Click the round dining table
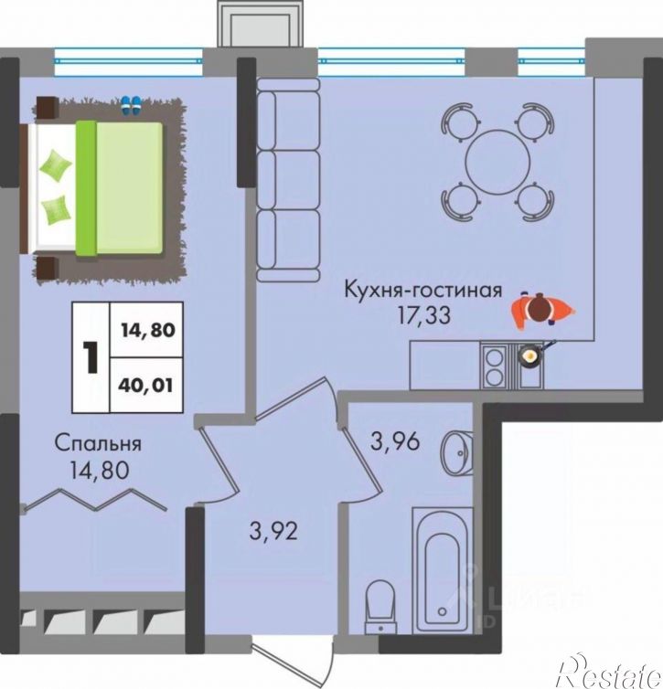pos(497,162)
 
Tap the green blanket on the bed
pos(119,188)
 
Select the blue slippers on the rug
pos(131,105)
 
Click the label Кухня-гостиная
pos(422,291)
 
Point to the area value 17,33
pos(423,315)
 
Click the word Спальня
pos(98,444)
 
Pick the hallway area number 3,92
pos(273,531)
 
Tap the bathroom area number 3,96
pos(395,441)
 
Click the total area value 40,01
pos(145,386)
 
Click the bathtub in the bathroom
pos(443,570)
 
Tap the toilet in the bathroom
pos(380,608)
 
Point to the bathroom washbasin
pos(457,453)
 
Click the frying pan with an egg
pos(532,354)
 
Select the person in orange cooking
pos(542,311)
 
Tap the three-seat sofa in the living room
pos(288,180)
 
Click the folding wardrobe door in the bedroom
pos(94,501)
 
